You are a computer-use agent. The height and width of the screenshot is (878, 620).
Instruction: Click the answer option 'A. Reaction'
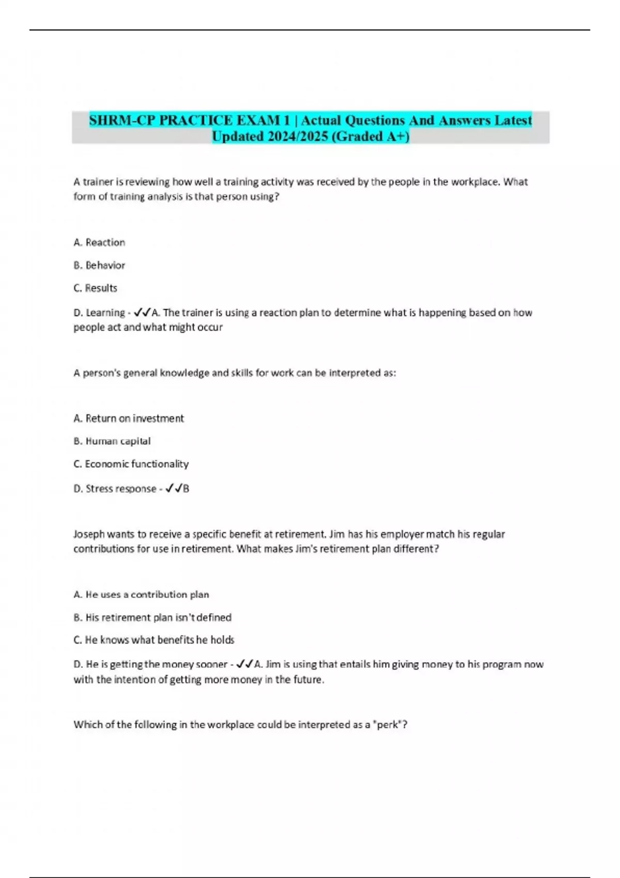pyautogui.click(x=99, y=242)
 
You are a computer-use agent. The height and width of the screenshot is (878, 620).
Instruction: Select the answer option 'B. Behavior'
pyautogui.click(x=99, y=265)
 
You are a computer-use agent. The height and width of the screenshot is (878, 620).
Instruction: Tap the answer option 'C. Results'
pyautogui.click(x=96, y=288)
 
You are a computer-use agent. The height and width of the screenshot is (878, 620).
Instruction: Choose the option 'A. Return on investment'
pyautogui.click(x=129, y=418)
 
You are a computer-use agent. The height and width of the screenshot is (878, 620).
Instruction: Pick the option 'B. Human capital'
pyautogui.click(x=112, y=441)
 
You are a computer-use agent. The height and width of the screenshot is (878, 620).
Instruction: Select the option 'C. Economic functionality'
pyautogui.click(x=131, y=463)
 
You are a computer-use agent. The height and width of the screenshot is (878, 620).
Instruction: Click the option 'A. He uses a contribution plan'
pyautogui.click(x=141, y=594)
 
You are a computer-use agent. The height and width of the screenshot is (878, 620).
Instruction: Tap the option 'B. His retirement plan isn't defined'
pyautogui.click(x=152, y=617)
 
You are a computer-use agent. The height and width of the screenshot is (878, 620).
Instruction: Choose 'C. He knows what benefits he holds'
pyautogui.click(x=154, y=639)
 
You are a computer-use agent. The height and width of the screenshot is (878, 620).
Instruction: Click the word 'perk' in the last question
pyautogui.click(x=389, y=724)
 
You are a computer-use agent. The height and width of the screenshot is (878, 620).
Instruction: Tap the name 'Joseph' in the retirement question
pyautogui.click(x=88, y=534)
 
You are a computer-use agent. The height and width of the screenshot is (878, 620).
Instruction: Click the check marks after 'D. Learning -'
pyautogui.click(x=142, y=312)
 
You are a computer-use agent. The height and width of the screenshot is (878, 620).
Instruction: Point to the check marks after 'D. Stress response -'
pyautogui.click(x=174, y=488)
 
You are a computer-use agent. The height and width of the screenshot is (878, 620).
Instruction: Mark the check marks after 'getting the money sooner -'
pyautogui.click(x=244, y=664)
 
